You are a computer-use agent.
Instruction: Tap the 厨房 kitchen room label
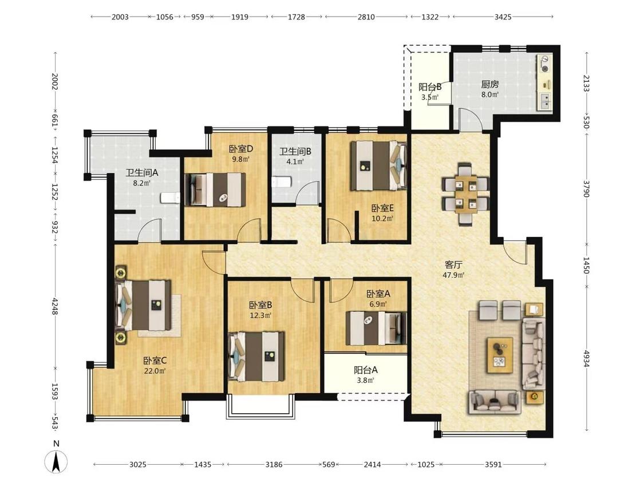click(489, 85)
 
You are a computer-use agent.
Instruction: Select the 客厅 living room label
click(453, 265)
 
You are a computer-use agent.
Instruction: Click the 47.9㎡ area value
click(453, 275)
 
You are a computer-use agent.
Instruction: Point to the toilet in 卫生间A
click(171, 198)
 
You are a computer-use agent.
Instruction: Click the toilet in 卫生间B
click(282, 181)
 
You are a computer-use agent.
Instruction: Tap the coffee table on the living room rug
click(500, 355)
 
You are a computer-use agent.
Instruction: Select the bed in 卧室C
click(143, 305)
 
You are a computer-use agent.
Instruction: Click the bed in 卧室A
click(376, 328)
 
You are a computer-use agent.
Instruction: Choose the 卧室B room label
click(260, 305)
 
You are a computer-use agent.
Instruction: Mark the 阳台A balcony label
click(366, 370)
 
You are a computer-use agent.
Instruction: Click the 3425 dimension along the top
click(503, 17)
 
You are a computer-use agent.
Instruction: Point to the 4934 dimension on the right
click(586, 359)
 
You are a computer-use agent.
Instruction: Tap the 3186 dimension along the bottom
click(274, 465)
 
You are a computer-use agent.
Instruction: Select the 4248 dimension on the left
click(54, 306)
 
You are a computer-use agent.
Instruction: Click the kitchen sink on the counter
click(544, 101)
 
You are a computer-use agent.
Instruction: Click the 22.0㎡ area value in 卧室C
click(155, 371)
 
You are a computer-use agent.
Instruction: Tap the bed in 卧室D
click(215, 189)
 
